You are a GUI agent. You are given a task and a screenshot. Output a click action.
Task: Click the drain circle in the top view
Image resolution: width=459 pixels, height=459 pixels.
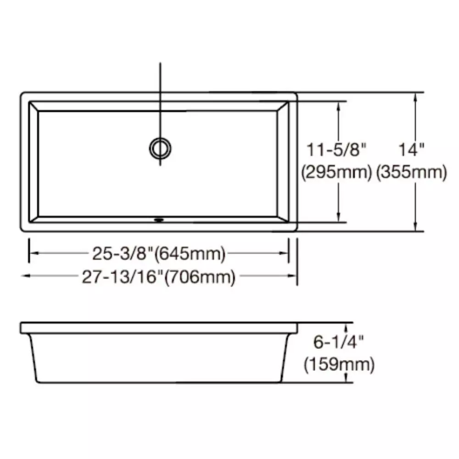point(161,147)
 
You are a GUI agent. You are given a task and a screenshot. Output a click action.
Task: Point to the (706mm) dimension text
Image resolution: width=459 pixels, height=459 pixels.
point(200,277)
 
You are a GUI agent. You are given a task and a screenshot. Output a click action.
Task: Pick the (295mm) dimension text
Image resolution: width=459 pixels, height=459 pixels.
point(336,173)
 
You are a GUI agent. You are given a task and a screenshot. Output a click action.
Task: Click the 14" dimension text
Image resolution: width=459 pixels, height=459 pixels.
point(411,150)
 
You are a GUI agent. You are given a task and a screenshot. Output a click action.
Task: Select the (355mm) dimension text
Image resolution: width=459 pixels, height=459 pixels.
point(411,173)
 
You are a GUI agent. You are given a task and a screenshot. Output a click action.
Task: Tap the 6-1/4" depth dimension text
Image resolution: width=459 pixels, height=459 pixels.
point(339,342)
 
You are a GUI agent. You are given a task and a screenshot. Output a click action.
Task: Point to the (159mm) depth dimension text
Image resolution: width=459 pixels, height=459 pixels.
point(339,365)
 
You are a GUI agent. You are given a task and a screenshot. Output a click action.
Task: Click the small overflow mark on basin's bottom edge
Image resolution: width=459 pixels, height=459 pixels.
point(159,219)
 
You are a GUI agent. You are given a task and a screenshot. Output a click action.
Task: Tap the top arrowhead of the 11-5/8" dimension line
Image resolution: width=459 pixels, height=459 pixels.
point(339,104)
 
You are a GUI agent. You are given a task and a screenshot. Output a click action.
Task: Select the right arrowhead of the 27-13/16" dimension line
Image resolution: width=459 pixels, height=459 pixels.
point(294,276)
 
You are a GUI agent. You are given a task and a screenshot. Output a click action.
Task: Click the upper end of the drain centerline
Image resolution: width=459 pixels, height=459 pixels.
point(160,63)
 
